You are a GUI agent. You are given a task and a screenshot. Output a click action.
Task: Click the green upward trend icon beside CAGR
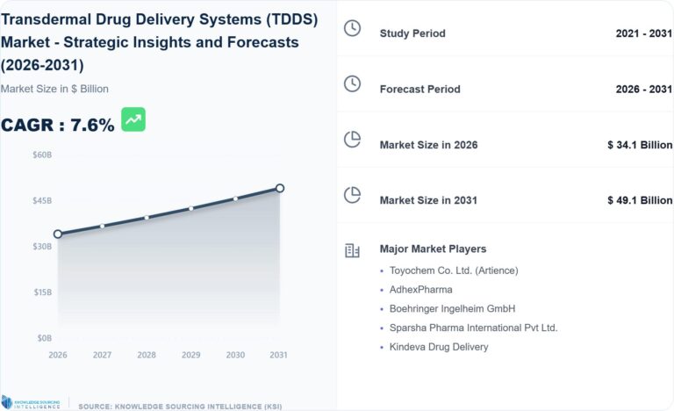[133, 120]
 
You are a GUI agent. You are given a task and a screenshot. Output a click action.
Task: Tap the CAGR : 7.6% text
[58, 126]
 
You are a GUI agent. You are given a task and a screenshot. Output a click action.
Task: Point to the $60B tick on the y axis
[42, 155]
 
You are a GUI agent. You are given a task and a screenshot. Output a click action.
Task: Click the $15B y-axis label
[42, 292]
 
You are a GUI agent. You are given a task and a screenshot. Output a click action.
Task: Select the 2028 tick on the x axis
[147, 355]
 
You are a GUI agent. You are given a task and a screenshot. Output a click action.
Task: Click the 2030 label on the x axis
[235, 355]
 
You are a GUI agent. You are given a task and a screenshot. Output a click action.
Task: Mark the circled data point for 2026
[58, 234]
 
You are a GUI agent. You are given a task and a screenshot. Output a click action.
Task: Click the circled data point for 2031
[280, 188]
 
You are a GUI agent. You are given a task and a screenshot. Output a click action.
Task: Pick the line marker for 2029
[191, 208]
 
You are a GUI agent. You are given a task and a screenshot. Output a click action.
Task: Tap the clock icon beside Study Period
[352, 29]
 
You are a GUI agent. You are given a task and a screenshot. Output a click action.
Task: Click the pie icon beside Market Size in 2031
[352, 195]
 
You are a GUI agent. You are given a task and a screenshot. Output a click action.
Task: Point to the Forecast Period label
[419, 89]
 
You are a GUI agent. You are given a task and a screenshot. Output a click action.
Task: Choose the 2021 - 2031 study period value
[643, 33]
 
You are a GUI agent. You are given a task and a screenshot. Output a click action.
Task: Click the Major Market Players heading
[433, 249]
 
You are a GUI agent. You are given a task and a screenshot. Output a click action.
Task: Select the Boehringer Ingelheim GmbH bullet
[452, 308]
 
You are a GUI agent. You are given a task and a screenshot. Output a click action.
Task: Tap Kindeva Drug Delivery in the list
[439, 347]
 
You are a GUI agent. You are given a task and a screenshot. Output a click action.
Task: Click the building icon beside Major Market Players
[352, 250]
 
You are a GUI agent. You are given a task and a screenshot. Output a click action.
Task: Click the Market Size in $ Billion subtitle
[54, 89]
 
